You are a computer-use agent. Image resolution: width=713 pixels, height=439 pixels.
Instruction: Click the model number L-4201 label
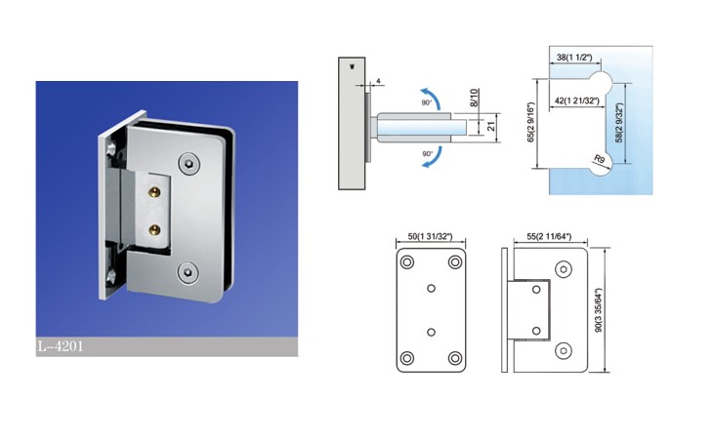[x=61, y=347]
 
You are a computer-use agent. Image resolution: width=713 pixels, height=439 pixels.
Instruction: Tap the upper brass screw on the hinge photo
[x=155, y=191]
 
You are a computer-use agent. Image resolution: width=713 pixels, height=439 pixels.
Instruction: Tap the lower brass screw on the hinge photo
[x=155, y=229]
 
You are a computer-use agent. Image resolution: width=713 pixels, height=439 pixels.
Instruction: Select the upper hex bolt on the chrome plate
[x=189, y=164]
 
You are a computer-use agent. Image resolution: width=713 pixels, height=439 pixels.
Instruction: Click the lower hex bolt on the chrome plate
[x=187, y=272]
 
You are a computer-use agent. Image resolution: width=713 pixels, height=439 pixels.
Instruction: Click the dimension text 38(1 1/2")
[x=574, y=58]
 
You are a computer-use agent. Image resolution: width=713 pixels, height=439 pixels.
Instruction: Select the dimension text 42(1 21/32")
[x=577, y=100]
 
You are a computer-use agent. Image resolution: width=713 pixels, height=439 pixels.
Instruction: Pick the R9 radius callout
[x=600, y=159]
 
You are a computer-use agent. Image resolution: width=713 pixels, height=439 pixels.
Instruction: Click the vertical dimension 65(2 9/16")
[x=530, y=122]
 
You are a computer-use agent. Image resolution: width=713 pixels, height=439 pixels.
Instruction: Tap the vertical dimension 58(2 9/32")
[x=619, y=123]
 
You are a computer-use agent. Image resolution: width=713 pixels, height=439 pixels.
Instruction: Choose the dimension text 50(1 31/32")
[x=430, y=236]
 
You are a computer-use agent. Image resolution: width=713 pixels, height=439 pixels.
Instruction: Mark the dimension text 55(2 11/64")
[x=549, y=236]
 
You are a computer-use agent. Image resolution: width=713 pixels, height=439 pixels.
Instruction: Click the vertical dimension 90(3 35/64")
[x=599, y=310]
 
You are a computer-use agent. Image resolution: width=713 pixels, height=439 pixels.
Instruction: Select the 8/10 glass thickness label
[x=474, y=98]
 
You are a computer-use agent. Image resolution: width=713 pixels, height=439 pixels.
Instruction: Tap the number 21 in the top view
[x=491, y=126]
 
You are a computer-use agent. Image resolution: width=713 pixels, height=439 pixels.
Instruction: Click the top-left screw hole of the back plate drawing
[x=407, y=262]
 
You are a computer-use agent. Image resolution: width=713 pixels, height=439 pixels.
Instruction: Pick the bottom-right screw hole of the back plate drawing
[x=455, y=358]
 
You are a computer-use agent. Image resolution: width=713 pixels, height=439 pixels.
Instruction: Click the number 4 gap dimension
[x=378, y=82]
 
